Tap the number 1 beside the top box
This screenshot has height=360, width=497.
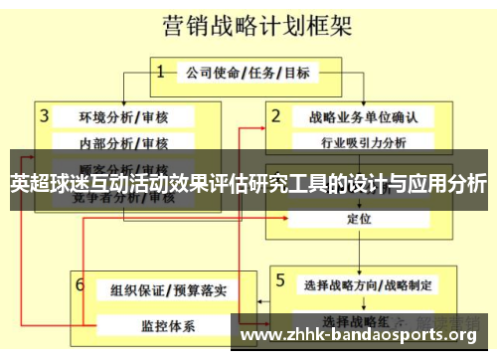pyautogui.click(x=160, y=71)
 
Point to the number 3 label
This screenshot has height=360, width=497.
pyautogui.click(x=45, y=115)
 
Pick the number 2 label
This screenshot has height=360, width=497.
pyautogui.click(x=276, y=115)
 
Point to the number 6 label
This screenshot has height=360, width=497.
pyautogui.click(x=80, y=284)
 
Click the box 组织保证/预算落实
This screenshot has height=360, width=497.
pyautogui.click(x=168, y=290)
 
